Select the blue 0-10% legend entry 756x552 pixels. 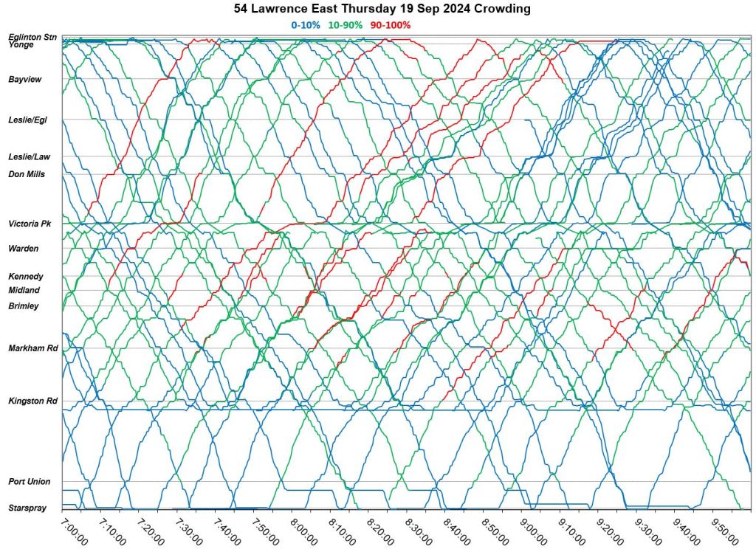tap(306, 24)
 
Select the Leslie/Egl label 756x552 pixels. tap(27, 120)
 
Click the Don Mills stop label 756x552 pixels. tap(27, 175)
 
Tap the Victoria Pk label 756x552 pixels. tap(29, 224)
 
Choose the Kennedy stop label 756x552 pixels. tap(26, 276)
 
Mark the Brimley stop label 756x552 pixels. tap(24, 306)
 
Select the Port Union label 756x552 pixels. tap(30, 482)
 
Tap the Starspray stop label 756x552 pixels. tap(27, 508)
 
